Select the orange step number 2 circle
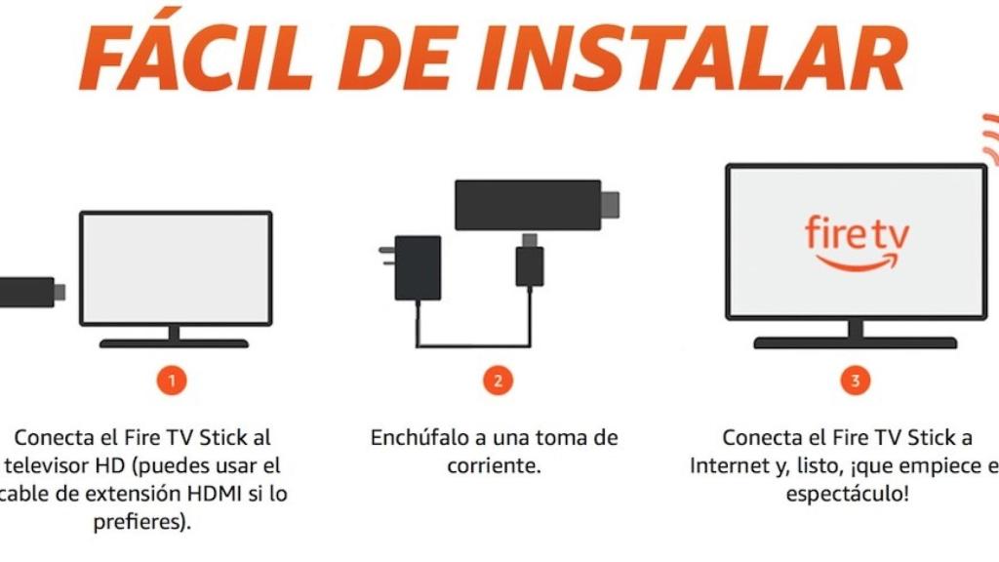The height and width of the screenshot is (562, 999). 498,381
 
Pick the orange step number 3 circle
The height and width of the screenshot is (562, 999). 856,381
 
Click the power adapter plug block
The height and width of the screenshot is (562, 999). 418,267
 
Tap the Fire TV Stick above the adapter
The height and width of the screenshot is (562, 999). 527,205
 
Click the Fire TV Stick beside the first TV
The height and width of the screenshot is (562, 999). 25,291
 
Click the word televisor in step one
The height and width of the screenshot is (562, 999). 54,465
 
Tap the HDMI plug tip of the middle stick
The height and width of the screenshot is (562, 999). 611,205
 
